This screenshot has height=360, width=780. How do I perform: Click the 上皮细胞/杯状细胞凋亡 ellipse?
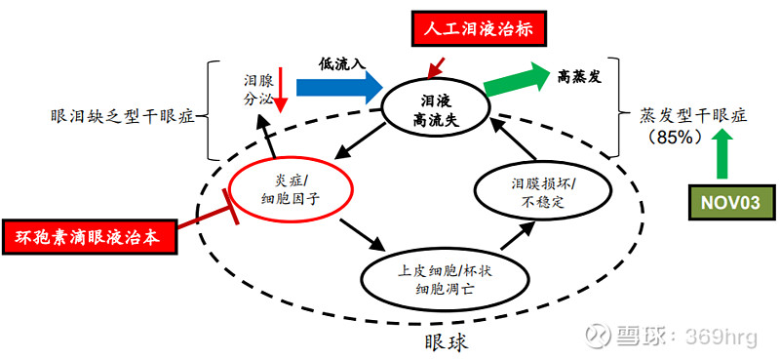point(432,279)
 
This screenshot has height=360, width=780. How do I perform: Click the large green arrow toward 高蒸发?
point(513,81)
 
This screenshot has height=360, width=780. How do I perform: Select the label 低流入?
point(341,63)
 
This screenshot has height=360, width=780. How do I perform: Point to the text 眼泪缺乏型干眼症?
point(121,118)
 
